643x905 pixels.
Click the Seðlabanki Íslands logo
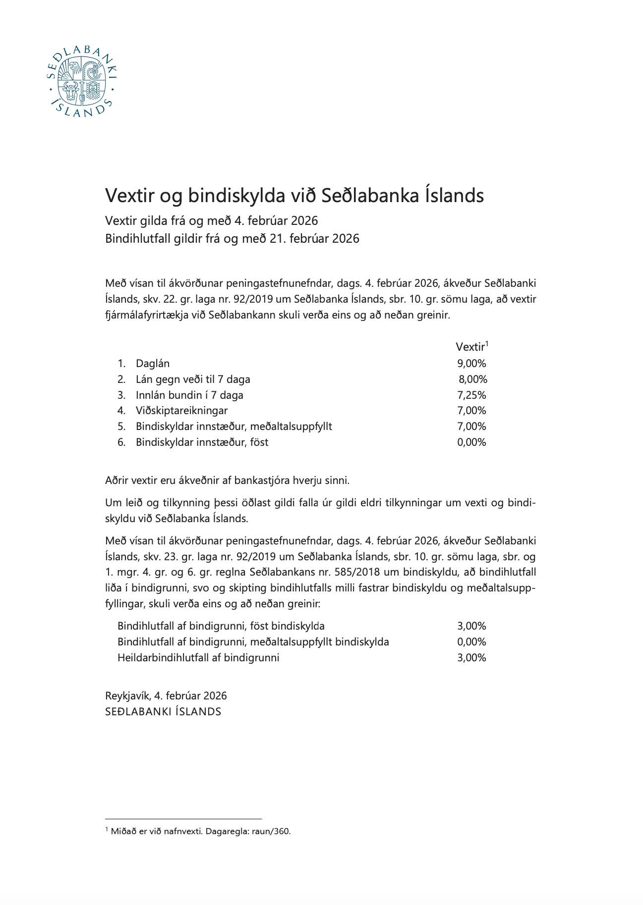[81, 83]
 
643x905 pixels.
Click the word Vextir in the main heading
[128, 196]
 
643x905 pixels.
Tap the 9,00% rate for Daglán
[471, 364]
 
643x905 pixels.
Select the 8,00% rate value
[473, 379]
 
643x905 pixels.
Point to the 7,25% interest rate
[471, 395]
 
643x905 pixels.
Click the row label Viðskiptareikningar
[181, 411]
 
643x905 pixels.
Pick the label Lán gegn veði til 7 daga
[193, 379]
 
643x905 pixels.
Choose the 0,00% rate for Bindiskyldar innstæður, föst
[471, 442]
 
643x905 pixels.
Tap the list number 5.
[121, 426]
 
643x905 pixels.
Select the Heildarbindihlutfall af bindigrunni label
[198, 658]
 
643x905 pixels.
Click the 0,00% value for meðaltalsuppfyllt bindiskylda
[471, 642]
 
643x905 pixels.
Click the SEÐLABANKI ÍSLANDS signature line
[163, 712]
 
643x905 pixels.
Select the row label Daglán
[153, 364]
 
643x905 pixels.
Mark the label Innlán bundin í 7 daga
[189, 395]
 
